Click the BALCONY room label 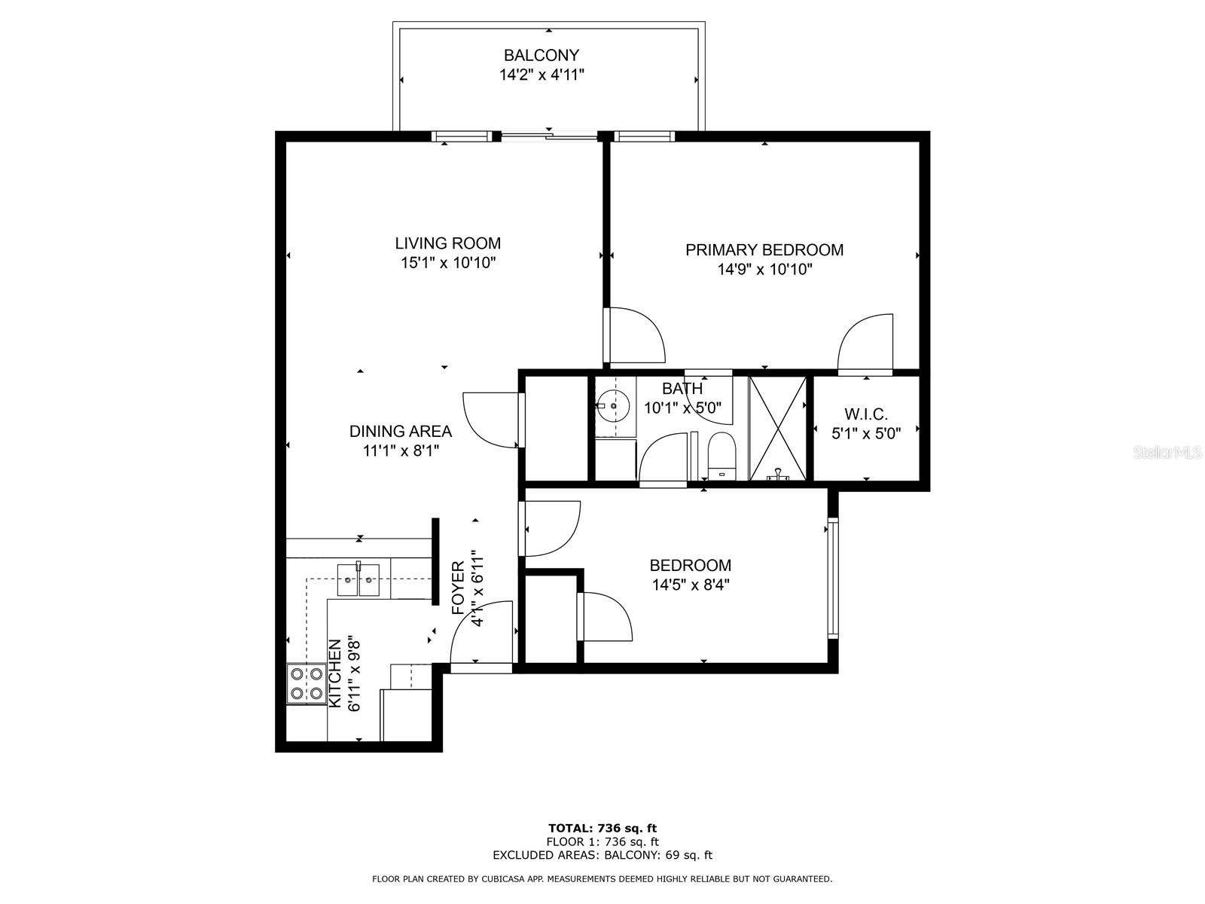point(541,56)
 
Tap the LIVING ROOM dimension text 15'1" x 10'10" point(448,263)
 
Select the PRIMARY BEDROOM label point(764,250)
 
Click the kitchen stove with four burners point(307,684)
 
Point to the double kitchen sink point(358,579)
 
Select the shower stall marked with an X point(777,429)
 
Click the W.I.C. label point(866,414)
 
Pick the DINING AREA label point(400,432)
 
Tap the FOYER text point(459,588)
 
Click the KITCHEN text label point(334,673)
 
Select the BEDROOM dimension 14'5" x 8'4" point(690,585)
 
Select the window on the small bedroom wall point(833,578)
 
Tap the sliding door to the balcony point(549,136)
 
